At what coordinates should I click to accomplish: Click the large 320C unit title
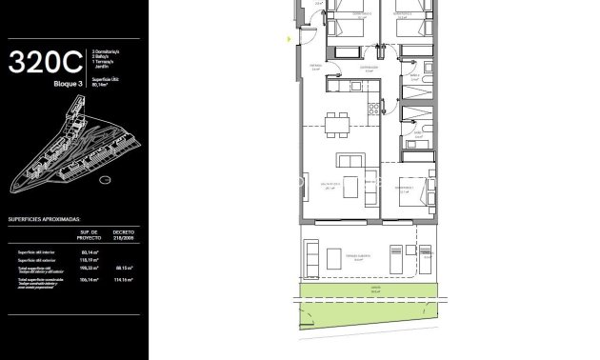click(x=45, y=63)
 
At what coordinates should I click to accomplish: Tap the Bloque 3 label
click(x=68, y=85)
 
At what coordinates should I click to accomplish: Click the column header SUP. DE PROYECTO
click(x=90, y=234)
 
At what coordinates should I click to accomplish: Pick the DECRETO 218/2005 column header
click(x=124, y=234)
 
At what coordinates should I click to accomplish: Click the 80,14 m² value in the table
click(x=90, y=252)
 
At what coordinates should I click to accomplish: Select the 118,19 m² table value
click(x=90, y=260)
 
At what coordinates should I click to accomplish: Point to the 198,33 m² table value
click(x=90, y=268)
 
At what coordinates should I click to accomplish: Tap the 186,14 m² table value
click(x=90, y=280)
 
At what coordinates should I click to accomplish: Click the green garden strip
click(x=371, y=295)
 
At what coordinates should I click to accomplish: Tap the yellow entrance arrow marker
click(x=290, y=39)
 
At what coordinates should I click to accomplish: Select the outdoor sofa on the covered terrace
click(x=311, y=256)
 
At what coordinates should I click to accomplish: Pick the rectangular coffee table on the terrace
click(x=334, y=257)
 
